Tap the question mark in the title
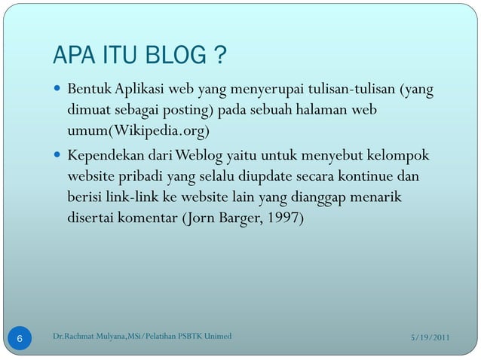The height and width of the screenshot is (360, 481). (220, 56)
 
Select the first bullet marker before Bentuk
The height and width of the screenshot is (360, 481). (58, 92)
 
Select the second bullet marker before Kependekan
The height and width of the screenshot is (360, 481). (58, 157)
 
